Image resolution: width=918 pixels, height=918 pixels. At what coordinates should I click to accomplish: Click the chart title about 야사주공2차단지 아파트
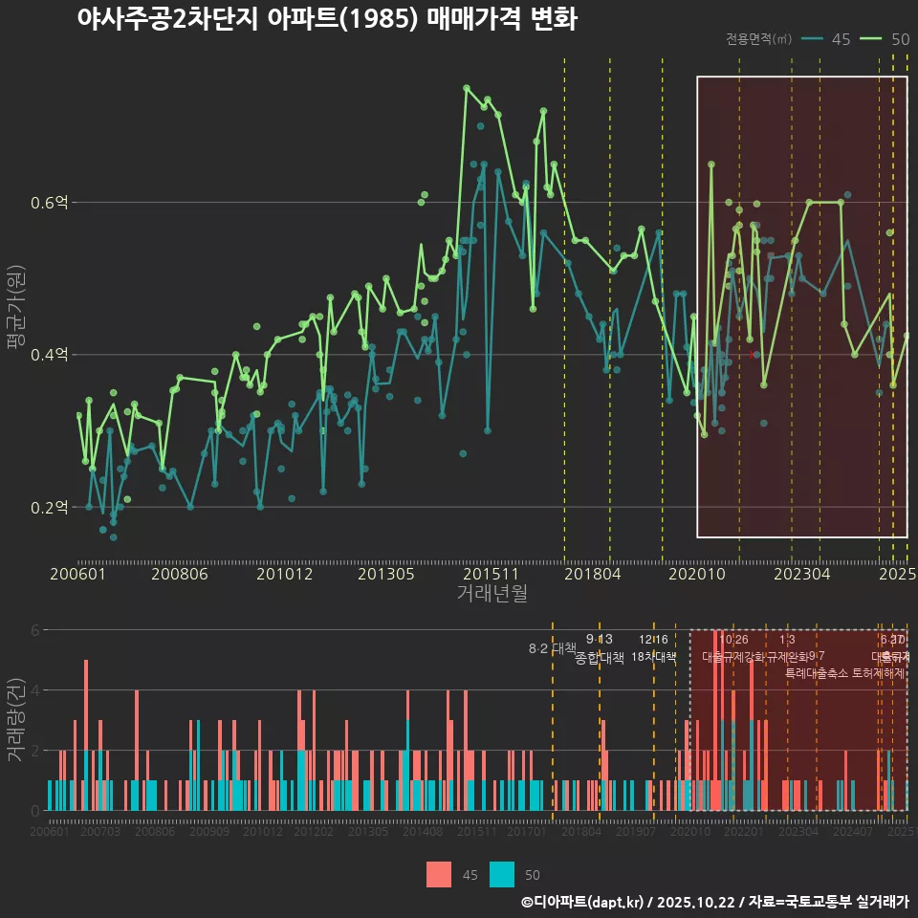point(326,18)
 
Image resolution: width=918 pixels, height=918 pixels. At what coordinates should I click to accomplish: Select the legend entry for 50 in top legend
point(885,39)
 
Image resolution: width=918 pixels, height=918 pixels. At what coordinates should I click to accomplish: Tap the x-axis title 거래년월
point(492,594)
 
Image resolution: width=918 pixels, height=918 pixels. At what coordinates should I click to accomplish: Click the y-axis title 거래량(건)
point(16,720)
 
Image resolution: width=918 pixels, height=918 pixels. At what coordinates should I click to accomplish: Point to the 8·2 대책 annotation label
point(552,648)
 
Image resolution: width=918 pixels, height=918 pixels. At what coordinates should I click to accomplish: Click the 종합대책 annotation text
point(599,657)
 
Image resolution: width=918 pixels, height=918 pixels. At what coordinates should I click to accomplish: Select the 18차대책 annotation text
point(653,657)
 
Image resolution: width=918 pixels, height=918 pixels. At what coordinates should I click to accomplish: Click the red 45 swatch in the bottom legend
point(438,874)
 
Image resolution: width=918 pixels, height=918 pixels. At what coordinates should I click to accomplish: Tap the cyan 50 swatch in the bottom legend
point(501,874)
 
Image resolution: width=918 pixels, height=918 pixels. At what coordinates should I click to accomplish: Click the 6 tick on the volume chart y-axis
point(34,630)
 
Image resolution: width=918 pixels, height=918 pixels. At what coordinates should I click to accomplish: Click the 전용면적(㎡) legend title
point(758,39)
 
